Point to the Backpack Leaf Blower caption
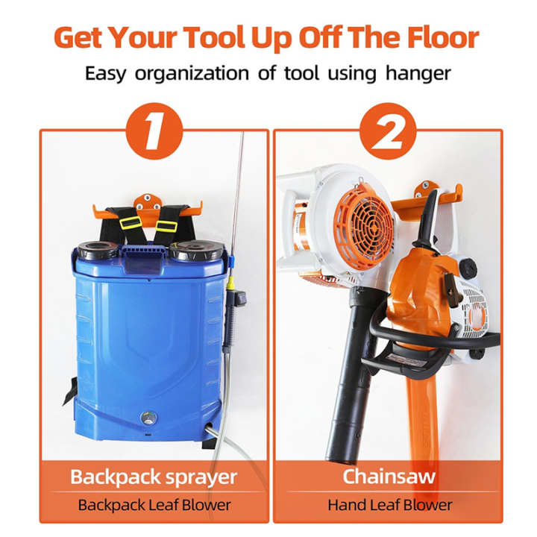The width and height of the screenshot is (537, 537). point(154,505)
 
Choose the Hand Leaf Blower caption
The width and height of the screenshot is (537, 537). point(388,505)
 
